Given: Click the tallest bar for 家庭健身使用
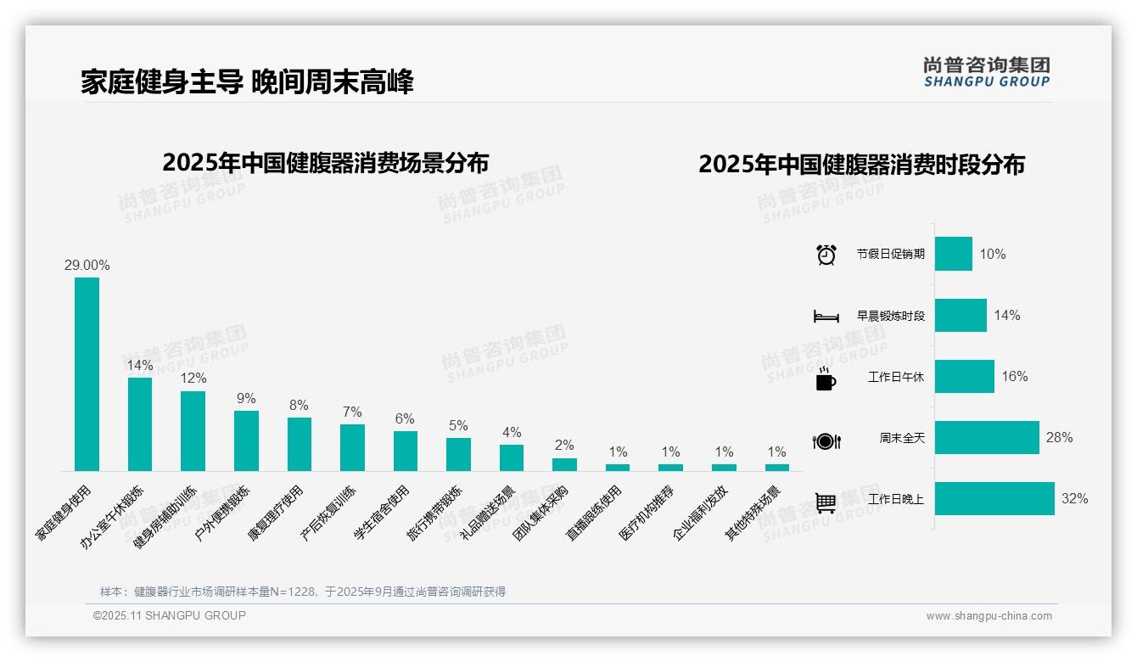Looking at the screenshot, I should click(87, 373).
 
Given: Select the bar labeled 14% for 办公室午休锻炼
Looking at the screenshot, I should click(140, 424).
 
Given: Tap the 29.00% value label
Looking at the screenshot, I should click(87, 265).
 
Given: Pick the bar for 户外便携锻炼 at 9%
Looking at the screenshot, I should click(246, 440).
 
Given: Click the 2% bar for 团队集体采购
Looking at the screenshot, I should click(564, 464).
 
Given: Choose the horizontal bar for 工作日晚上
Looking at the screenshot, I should click(994, 498).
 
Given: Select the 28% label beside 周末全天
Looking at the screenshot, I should click(1059, 437).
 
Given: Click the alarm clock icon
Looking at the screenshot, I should click(826, 255).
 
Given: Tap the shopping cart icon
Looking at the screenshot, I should click(826, 502).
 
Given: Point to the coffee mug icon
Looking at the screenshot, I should click(826, 379).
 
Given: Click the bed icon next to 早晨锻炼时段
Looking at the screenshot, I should click(826, 317).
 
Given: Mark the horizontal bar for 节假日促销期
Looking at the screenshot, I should click(954, 254).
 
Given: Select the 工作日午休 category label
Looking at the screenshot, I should click(896, 377).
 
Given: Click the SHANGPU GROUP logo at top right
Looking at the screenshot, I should click(986, 71).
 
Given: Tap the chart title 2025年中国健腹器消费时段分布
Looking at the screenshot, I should click(861, 164).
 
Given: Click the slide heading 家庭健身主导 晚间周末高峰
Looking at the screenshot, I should click(247, 82).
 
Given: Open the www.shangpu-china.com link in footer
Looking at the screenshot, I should click(989, 616).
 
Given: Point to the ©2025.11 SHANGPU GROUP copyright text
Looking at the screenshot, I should click(170, 615).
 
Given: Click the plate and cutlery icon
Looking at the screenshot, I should click(826, 441).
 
